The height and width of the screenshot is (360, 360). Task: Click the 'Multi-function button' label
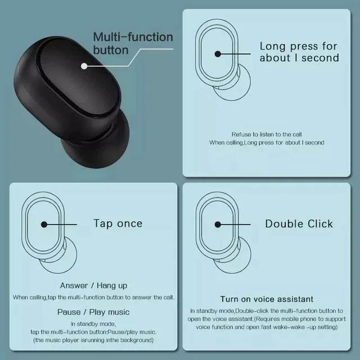pos(133,43)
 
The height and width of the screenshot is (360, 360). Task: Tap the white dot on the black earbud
pos(84,66)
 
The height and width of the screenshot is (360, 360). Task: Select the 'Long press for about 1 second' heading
pos(299,52)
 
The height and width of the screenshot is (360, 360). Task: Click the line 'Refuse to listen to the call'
pos(266,134)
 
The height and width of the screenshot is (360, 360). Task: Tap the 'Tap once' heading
pos(118,223)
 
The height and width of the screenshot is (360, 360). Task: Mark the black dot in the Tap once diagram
pos(44,224)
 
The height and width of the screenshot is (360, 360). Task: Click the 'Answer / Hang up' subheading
pos(93,285)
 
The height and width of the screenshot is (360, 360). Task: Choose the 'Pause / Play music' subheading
pos(93,312)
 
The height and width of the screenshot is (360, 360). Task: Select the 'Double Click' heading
pos(299,223)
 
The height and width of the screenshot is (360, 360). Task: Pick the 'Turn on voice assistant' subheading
pos(267,299)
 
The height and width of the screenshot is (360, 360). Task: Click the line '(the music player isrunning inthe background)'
pos(93,340)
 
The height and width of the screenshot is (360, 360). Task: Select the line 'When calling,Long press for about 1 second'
pos(267,143)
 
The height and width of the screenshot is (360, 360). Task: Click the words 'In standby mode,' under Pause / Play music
pos(93,324)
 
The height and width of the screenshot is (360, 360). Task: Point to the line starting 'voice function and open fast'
pos(267,327)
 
